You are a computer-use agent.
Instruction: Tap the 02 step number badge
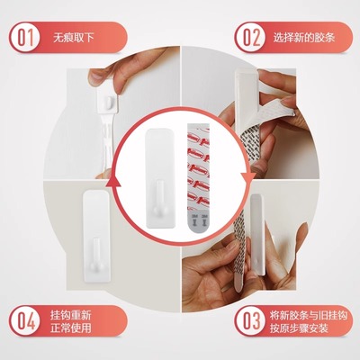pos(249,37)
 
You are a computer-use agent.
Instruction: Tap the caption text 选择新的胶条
pos(303,37)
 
